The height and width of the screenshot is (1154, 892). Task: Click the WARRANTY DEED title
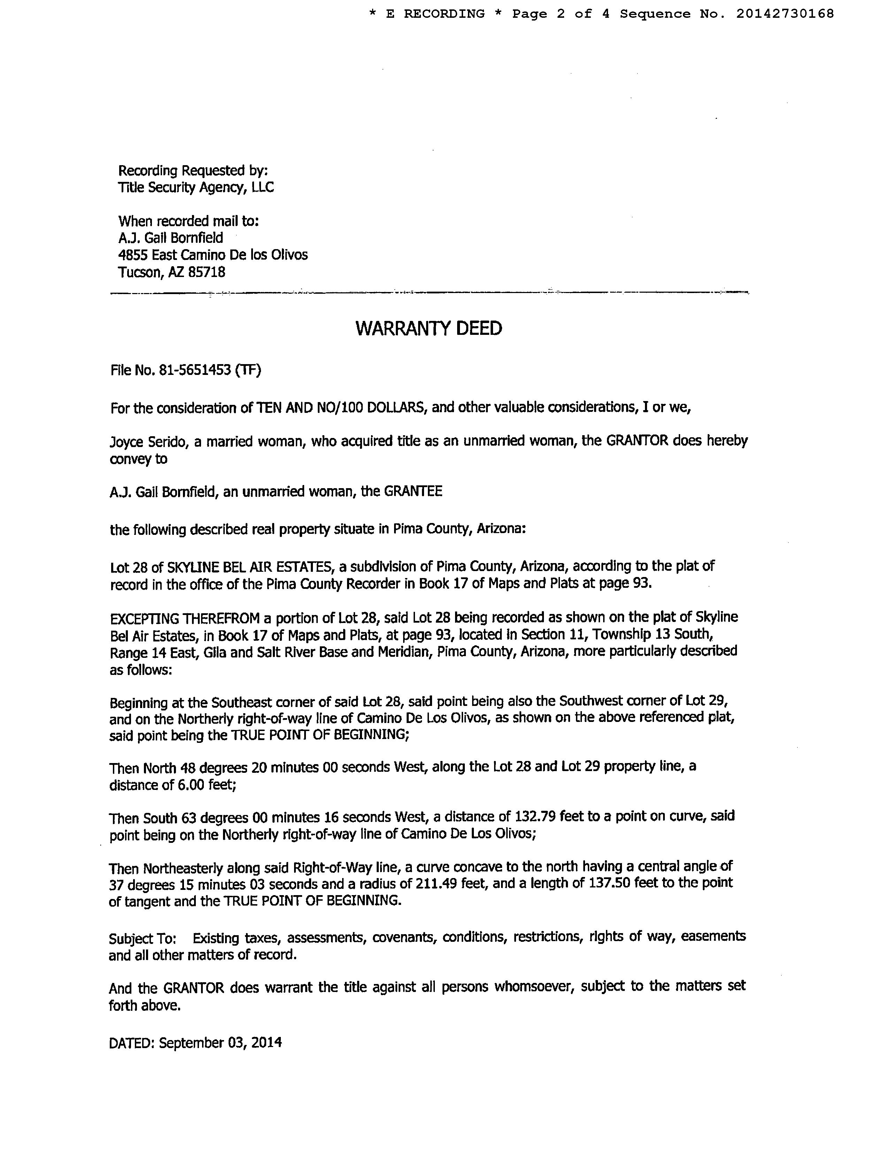[x=429, y=328]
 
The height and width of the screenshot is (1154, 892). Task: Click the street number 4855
[x=133, y=255]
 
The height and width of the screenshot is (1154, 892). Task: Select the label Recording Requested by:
[x=193, y=171]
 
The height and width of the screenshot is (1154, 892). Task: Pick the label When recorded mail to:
[x=189, y=221]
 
